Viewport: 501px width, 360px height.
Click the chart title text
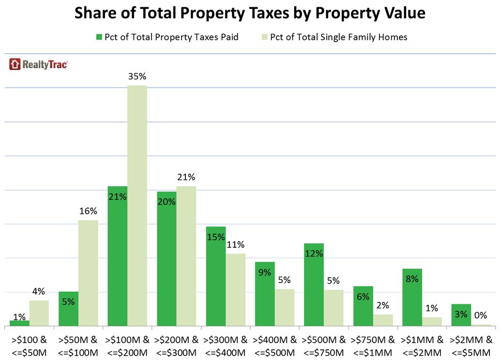click(250, 13)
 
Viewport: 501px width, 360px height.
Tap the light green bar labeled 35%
click(137, 206)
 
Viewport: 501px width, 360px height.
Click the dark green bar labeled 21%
click(118, 256)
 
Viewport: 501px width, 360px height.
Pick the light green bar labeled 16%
click(88, 273)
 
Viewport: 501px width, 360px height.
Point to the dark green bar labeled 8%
click(412, 297)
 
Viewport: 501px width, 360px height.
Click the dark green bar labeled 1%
click(19, 323)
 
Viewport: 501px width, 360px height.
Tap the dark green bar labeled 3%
click(461, 315)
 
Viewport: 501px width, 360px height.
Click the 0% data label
click(480, 315)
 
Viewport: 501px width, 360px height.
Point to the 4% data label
click(39, 291)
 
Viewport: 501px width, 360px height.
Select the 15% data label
click(215, 237)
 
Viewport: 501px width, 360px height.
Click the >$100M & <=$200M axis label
click(127, 345)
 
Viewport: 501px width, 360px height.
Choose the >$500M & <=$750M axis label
click(323, 345)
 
